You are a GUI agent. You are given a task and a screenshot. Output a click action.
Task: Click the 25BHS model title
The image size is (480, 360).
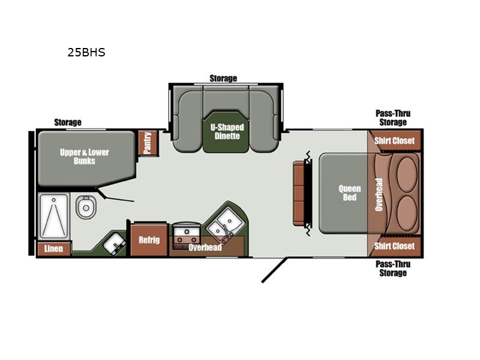[86, 52]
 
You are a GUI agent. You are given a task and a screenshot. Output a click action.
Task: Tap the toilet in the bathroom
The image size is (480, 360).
[86, 207]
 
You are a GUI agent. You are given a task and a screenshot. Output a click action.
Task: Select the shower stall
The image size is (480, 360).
[53, 217]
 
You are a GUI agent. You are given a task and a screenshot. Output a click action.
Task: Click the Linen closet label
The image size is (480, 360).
[53, 248]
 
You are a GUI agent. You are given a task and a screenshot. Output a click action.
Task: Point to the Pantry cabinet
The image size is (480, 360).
[148, 143]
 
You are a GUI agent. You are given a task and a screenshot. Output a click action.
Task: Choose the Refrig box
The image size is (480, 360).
[149, 239]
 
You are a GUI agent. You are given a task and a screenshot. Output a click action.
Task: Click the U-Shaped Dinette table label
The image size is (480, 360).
[227, 131]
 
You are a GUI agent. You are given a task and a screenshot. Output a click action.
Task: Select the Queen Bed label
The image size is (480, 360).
[350, 193]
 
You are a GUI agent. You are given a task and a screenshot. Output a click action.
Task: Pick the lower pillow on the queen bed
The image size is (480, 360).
[407, 214]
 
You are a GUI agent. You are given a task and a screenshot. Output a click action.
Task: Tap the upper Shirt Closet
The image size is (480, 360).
[395, 140]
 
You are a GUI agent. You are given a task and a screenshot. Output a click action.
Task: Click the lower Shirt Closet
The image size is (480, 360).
[395, 246]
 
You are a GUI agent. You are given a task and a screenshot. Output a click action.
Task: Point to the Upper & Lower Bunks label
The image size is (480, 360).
[84, 157]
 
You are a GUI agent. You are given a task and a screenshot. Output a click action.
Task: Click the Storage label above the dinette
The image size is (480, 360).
[223, 79]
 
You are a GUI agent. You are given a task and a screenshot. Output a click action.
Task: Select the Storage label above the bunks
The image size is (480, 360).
[68, 122]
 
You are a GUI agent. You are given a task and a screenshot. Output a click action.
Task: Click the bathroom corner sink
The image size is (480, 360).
[115, 242]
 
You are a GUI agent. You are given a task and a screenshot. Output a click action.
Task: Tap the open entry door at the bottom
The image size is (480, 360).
[274, 269]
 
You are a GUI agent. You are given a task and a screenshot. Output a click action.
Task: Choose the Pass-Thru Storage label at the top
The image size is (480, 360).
[393, 118]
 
